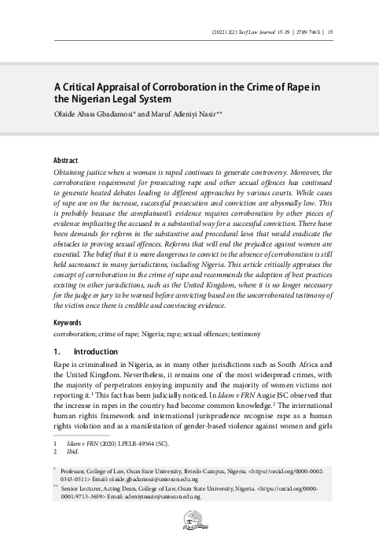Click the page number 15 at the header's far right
pyautogui.click(x=329, y=32)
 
